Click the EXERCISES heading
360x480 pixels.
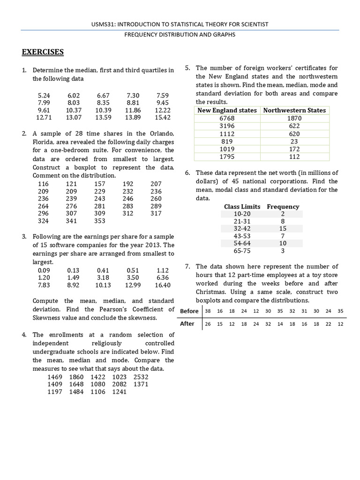coord(43,52)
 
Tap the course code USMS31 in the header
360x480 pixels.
coord(105,24)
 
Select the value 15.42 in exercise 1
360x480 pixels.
coord(162,117)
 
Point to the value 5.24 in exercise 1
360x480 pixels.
coord(44,95)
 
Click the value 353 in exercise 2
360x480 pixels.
coord(100,221)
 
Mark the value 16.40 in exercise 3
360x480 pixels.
coord(162,285)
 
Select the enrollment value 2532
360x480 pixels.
coord(141,377)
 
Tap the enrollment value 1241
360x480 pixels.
coord(120,392)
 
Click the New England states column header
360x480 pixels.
coord(227,110)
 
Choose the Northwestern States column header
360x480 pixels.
coord(294,110)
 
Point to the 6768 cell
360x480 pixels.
coord(227,118)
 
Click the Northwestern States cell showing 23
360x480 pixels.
coord(294,141)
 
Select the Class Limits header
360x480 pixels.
coord(242,206)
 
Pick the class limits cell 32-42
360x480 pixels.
coord(242,229)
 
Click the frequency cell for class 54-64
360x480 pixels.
coord(283,243)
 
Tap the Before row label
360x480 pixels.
coord(189,311)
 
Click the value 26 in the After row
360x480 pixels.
coord(208,324)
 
